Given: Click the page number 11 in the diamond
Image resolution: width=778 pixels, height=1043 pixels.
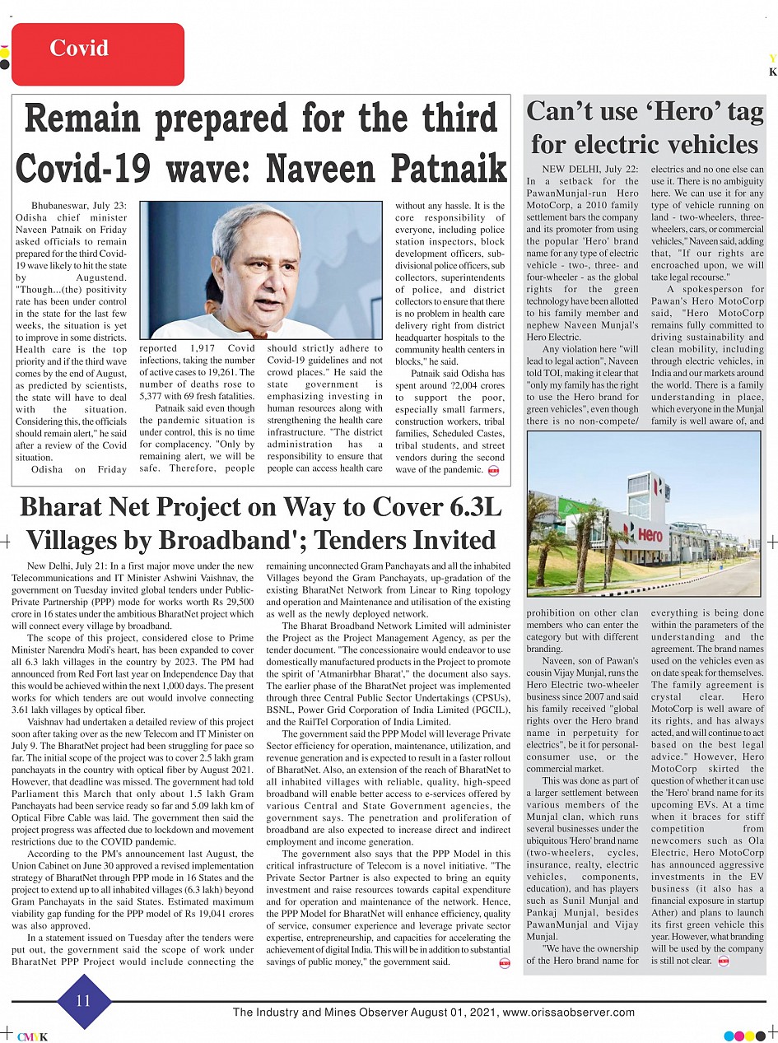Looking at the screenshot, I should click(x=83, y=1001).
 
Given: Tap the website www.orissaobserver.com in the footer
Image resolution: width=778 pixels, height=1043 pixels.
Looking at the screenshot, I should click(x=568, y=1013).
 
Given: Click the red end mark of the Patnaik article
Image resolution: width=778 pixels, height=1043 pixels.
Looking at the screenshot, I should click(x=493, y=470).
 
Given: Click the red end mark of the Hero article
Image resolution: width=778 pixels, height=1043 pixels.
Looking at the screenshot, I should click(x=723, y=961).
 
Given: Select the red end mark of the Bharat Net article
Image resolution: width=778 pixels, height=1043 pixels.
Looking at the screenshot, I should click(x=504, y=963).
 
